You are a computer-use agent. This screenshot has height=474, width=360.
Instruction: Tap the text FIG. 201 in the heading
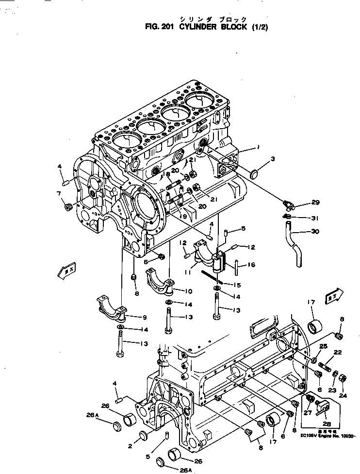(x=161, y=27)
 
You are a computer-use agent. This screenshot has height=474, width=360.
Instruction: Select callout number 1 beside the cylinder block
(x=259, y=146)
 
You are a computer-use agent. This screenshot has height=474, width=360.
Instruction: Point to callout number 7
(x=59, y=194)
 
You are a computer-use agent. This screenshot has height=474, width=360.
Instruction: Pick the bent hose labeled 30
(x=295, y=243)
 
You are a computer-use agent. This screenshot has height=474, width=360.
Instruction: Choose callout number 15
(x=237, y=285)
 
